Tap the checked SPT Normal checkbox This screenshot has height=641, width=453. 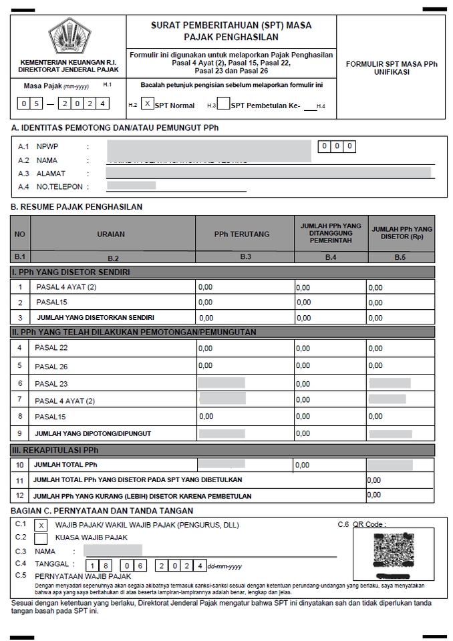pos(148,104)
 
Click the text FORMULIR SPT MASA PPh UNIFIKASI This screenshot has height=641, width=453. pos(392,67)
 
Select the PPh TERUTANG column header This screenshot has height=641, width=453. pos(242,234)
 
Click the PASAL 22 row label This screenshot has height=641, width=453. pos(51,349)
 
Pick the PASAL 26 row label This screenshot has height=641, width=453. pos(51,366)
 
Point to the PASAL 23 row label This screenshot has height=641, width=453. pos(51,384)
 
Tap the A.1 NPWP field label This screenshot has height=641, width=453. pos(47,146)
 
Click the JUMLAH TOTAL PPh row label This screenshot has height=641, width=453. pos(69,464)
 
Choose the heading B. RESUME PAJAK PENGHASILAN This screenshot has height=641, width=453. pos(76,207)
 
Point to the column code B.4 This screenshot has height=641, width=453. pos(330,257)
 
